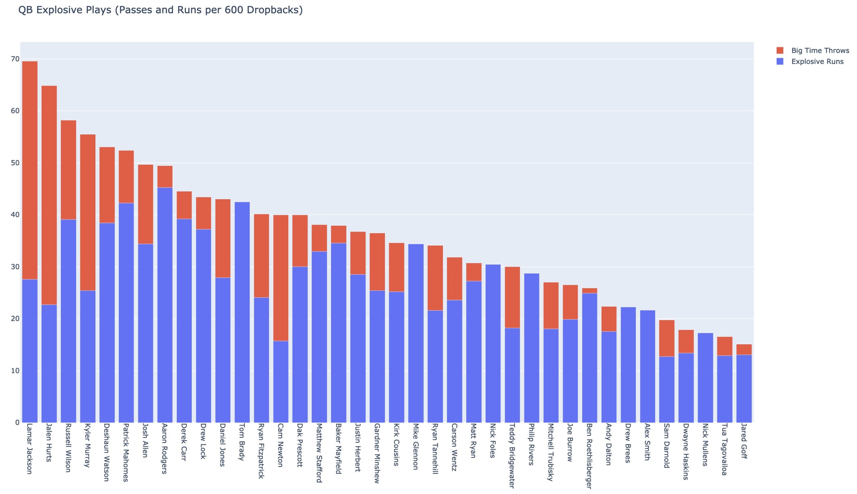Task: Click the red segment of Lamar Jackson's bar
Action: (x=29, y=170)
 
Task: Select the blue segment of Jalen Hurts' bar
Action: (x=49, y=363)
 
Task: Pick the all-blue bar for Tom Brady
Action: (x=242, y=312)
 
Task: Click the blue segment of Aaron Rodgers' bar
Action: (x=165, y=305)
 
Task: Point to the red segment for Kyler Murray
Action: (x=88, y=212)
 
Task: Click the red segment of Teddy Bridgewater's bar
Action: (x=512, y=297)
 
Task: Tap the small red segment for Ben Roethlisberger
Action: (x=589, y=291)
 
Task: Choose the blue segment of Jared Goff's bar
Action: (x=744, y=388)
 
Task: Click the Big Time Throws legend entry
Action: (x=820, y=50)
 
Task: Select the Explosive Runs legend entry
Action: (x=817, y=61)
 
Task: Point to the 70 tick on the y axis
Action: (x=15, y=59)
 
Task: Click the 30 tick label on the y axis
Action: (x=15, y=267)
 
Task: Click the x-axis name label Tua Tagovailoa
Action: (x=724, y=449)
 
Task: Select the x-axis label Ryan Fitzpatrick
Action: (x=261, y=451)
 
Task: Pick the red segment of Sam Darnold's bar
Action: (x=667, y=338)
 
